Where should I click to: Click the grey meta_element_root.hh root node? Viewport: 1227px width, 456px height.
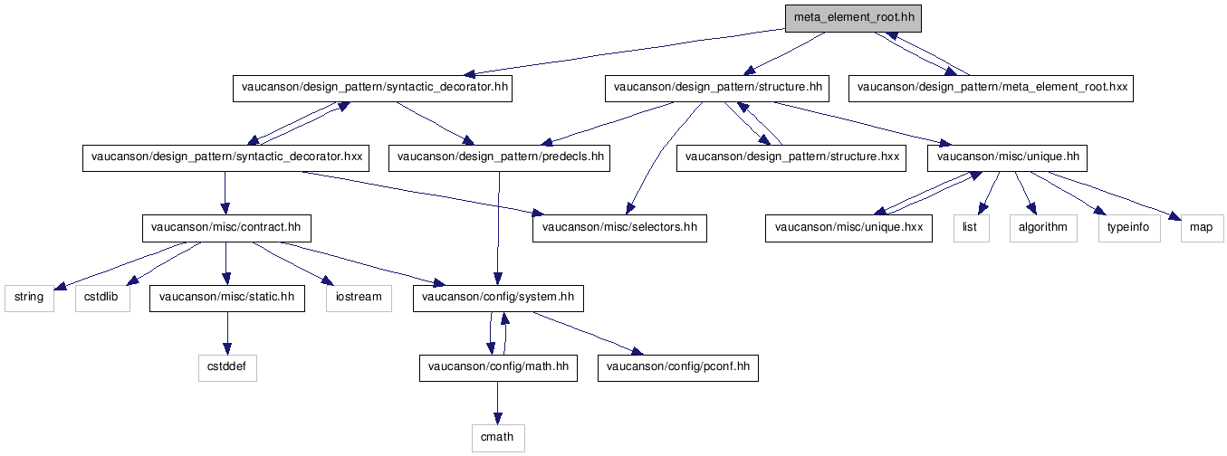coord(853,19)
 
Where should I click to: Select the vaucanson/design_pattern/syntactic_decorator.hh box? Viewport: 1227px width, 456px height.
coord(372,89)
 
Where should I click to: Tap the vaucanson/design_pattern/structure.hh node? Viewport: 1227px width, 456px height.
coord(717,89)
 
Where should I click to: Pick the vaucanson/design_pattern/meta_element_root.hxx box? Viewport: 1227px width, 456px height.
coord(991,89)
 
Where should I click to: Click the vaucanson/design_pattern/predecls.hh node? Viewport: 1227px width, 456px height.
coord(499,158)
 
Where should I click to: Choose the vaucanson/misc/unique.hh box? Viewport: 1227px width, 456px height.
coord(1007,158)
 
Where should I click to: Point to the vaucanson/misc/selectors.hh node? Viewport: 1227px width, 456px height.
coord(619,229)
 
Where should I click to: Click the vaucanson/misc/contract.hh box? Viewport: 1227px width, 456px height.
coord(226,229)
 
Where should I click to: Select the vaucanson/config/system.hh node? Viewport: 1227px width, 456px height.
coord(498,299)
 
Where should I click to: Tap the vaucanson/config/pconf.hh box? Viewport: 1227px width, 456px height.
coord(678,368)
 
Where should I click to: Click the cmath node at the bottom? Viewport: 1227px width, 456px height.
coord(498,439)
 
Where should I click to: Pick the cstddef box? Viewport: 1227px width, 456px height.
coord(227,368)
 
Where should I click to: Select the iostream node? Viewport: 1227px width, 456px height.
coord(359,299)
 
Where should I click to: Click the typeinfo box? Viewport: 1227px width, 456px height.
coord(1129,229)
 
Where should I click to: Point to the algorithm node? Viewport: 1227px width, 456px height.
coord(1043,229)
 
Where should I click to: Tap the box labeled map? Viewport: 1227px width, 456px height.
coord(1202,229)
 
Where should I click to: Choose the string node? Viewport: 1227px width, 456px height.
coord(29,299)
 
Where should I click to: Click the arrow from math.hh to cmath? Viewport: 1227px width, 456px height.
coord(497,403)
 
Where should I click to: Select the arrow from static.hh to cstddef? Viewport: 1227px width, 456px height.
coord(227,333)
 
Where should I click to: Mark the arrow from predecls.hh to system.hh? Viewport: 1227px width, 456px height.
coord(498,228)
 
